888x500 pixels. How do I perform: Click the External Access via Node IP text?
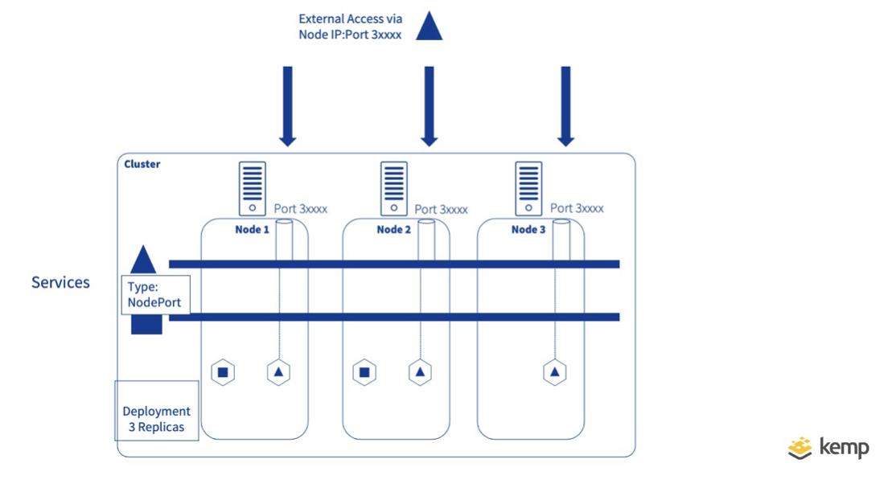(350, 27)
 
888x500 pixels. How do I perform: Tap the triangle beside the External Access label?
(429, 27)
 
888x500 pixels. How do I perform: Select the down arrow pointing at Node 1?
(287, 105)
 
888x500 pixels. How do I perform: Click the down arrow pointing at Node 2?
(429, 105)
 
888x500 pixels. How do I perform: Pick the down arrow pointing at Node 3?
(565, 105)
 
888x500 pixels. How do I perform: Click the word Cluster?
(142, 164)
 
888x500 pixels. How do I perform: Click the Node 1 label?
(252, 230)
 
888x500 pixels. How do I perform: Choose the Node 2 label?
(394, 230)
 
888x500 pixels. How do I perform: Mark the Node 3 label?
(528, 230)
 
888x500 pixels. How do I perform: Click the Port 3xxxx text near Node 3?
(577, 208)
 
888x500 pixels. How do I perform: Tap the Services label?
(60, 282)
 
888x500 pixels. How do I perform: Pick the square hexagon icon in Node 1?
(223, 372)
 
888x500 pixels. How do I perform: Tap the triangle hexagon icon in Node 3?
(554, 372)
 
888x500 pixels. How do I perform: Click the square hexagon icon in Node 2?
(364, 372)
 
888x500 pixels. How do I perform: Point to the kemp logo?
(828, 448)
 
